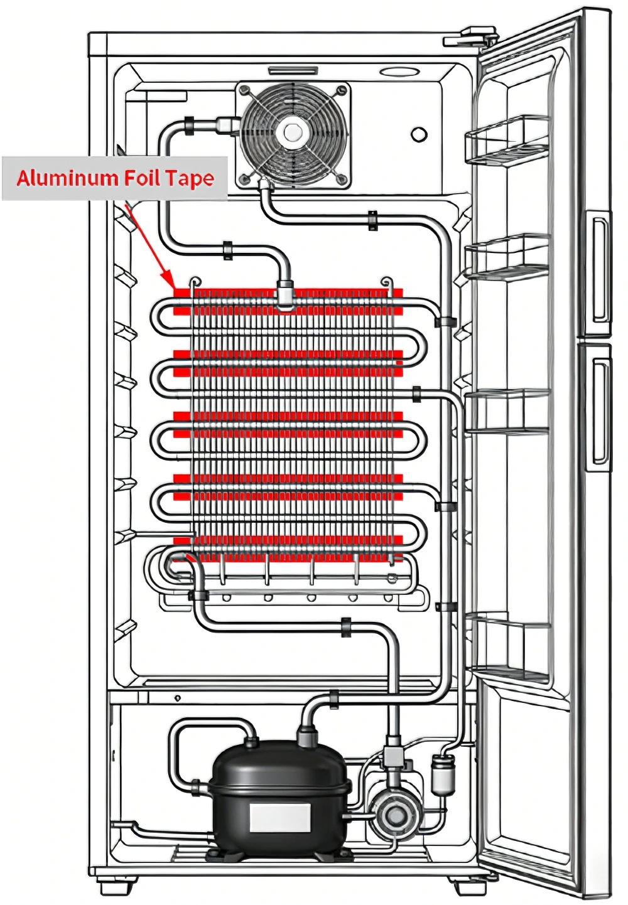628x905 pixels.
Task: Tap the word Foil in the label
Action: [143, 178]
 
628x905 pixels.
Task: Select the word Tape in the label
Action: [190, 179]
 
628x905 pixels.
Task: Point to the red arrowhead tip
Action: [171, 284]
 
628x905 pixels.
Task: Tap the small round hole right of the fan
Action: [419, 134]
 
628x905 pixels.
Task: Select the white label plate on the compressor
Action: [279, 818]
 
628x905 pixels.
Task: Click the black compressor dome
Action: [279, 778]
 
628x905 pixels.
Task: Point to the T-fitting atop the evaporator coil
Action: [286, 295]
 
